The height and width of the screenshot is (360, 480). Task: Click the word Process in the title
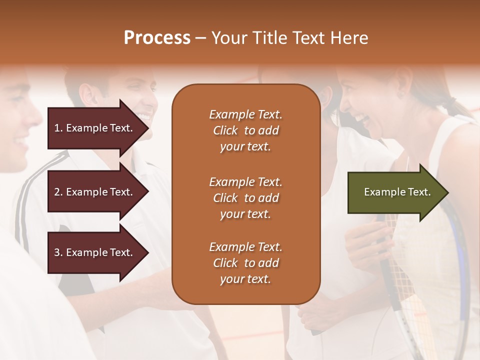click(157, 38)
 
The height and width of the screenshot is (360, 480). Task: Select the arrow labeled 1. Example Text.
click(95, 128)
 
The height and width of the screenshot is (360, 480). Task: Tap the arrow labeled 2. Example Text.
click(95, 192)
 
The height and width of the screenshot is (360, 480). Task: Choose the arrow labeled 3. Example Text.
click(95, 252)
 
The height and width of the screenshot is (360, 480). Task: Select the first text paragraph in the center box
click(245, 130)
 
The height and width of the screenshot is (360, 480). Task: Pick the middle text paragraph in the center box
click(245, 198)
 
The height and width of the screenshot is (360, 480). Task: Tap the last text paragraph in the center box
click(245, 263)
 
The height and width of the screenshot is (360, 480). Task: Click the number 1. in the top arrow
click(58, 128)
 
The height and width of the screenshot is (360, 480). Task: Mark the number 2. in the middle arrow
click(58, 192)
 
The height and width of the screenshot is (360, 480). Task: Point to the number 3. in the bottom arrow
click(58, 252)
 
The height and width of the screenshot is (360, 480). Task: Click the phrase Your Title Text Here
click(290, 38)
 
